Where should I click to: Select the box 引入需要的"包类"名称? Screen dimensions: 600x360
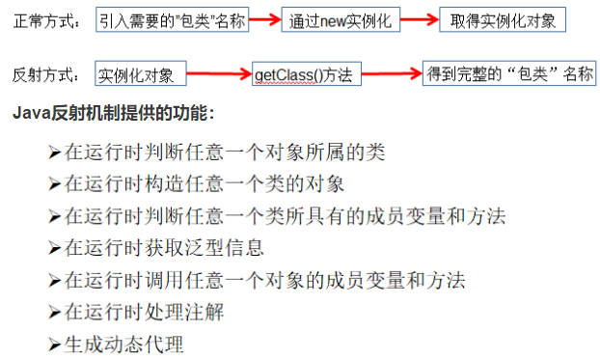tap(174, 21)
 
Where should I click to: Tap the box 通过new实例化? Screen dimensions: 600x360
tap(341, 21)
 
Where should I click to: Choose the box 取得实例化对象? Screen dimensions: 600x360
tap(502, 21)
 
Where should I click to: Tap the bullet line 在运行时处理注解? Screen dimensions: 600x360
tap(146, 312)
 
